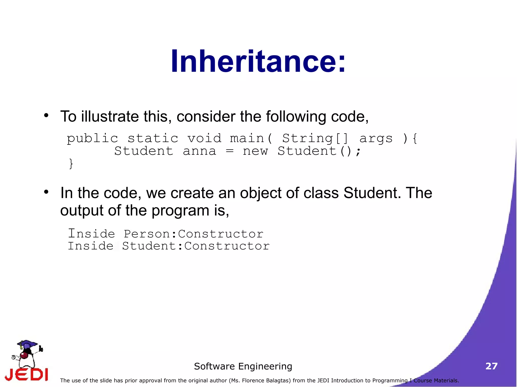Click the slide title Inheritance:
[x=258, y=61]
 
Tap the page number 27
[x=491, y=366]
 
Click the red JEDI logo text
[x=27, y=375]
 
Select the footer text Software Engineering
[x=243, y=366]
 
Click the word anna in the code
[x=199, y=151]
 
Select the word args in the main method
[x=376, y=138]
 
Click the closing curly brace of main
[x=71, y=164]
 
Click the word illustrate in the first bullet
[x=110, y=116]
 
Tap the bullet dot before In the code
[x=46, y=192]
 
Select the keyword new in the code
[x=255, y=151]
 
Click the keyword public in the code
[x=92, y=139]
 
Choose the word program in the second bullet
[x=180, y=211]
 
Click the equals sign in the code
[x=229, y=151]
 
